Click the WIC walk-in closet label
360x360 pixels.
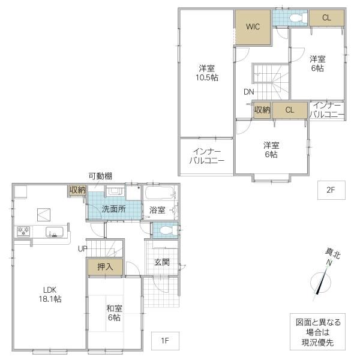click(253, 26)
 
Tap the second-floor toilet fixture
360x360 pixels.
click(298, 17)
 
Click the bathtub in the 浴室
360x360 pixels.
click(160, 193)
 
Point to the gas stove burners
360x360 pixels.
click(23, 231)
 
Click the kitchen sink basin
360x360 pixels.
click(55, 232)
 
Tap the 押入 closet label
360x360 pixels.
click(105, 266)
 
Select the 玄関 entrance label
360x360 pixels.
click(162, 262)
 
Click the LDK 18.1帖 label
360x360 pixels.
click(50, 294)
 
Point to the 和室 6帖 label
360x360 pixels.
click(114, 313)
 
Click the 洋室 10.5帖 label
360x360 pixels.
click(206, 73)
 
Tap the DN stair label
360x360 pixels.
click(248, 92)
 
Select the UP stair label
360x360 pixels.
click(82, 248)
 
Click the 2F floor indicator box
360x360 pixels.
click(331, 190)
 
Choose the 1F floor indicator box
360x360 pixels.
click(165, 341)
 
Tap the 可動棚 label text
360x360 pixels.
click(100, 176)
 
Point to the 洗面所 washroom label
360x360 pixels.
click(114, 209)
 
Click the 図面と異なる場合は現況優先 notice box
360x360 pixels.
click(317, 332)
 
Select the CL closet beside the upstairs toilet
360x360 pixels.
click(327, 17)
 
